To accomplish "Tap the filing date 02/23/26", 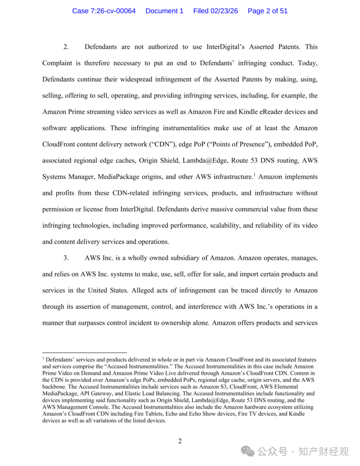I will tap(224, 11).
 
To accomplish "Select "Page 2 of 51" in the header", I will tap(267, 11).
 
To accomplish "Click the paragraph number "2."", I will tap(66, 47).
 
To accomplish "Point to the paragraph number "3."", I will tap(66, 258).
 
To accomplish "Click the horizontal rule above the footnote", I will tap(84, 352).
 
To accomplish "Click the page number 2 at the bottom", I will tap(180, 441).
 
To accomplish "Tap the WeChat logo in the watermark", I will tap(248, 452).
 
